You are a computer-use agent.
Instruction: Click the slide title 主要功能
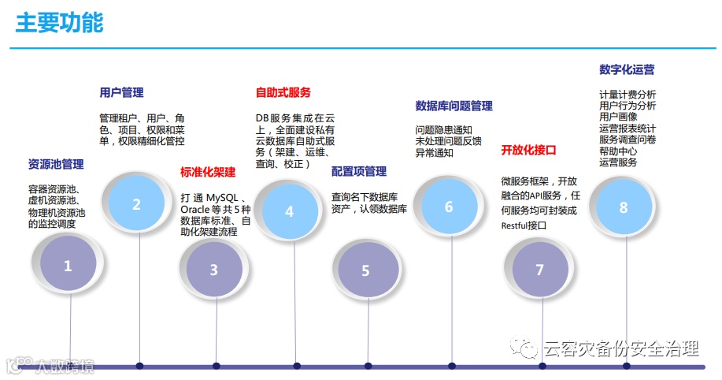click(59, 22)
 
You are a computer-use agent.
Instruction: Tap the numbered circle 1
click(68, 266)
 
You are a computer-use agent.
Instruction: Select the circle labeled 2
click(136, 204)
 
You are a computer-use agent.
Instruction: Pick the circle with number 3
click(213, 269)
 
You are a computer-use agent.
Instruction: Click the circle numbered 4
click(289, 211)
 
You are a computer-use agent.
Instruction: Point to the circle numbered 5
click(365, 270)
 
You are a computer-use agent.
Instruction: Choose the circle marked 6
click(449, 207)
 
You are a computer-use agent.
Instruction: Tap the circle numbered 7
click(539, 270)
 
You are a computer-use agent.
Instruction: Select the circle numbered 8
click(623, 207)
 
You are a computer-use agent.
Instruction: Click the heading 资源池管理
click(56, 165)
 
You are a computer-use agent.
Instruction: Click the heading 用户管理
click(121, 92)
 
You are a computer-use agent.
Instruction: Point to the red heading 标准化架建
click(208, 172)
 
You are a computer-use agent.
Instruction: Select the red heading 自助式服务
click(283, 92)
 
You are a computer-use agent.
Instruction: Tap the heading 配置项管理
click(359, 171)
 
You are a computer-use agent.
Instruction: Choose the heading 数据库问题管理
click(454, 106)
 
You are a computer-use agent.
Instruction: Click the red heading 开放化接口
click(528, 150)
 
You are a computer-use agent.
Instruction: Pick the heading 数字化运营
click(627, 69)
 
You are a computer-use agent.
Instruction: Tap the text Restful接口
click(524, 225)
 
